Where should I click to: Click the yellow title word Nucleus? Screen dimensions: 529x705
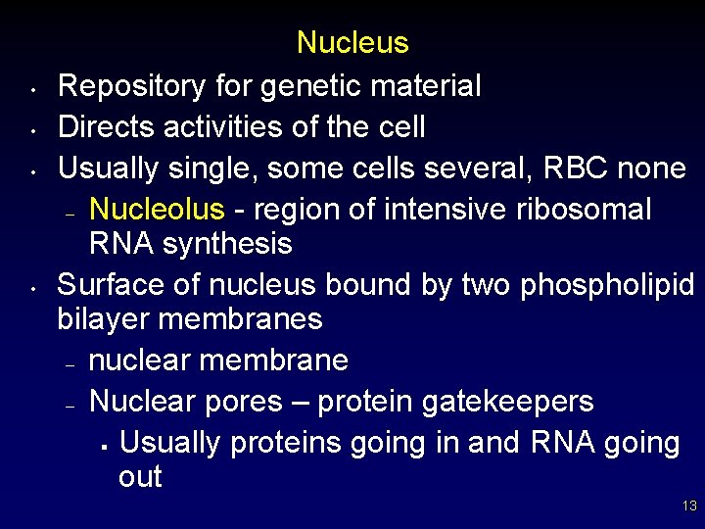352,43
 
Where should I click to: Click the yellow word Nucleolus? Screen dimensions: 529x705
157,209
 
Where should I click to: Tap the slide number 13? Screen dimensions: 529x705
689,506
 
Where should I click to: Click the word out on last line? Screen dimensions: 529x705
140,478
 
